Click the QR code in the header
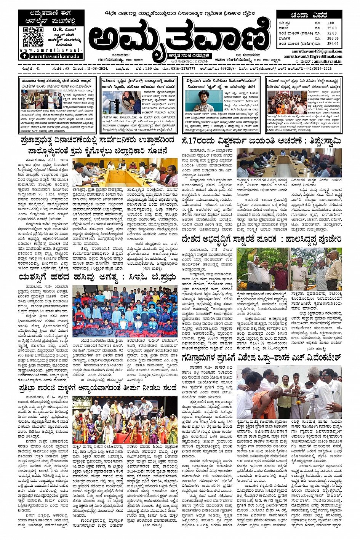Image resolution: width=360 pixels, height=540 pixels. tap(33, 37)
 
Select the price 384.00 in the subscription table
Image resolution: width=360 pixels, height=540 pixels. tap(332, 44)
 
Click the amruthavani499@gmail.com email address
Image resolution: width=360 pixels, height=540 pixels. tap(317, 51)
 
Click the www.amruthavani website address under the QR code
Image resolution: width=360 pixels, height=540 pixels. tap(51, 50)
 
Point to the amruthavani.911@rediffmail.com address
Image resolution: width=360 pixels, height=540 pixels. tap(313, 56)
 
